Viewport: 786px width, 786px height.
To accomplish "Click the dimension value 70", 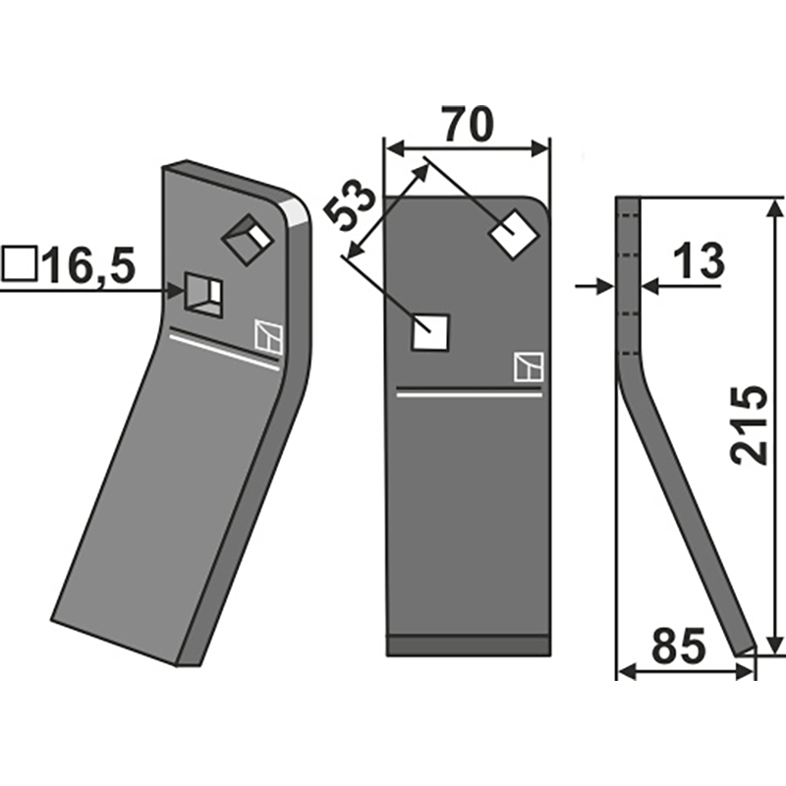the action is click(468, 125).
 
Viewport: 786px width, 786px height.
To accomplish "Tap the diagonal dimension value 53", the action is click(350, 204).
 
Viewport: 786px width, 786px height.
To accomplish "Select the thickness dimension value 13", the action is click(699, 261).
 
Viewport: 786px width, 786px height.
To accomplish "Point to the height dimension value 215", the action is click(749, 424).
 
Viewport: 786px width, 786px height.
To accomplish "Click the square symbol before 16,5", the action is click(20, 263).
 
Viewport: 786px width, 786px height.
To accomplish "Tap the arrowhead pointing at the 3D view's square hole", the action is click(176, 291).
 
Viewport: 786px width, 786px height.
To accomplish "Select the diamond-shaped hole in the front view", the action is click(513, 234).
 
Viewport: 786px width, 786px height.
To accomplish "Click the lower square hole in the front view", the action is click(430, 332).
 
